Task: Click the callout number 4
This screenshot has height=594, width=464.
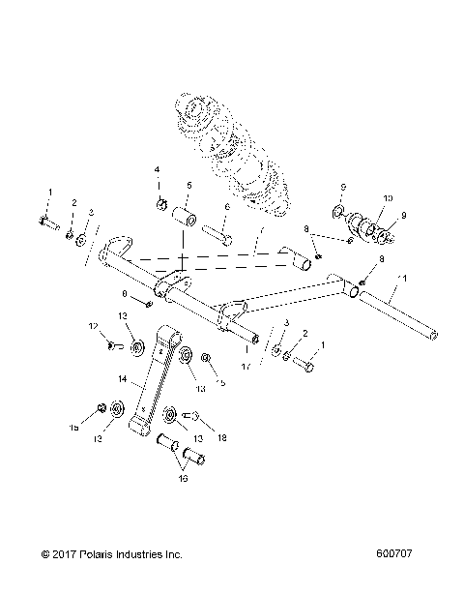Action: pyautogui.click(x=156, y=170)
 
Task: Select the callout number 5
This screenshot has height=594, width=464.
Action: pyautogui.click(x=189, y=185)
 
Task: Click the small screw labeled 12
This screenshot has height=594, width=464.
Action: pyautogui.click(x=111, y=343)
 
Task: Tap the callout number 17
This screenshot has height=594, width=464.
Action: pyautogui.click(x=246, y=365)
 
